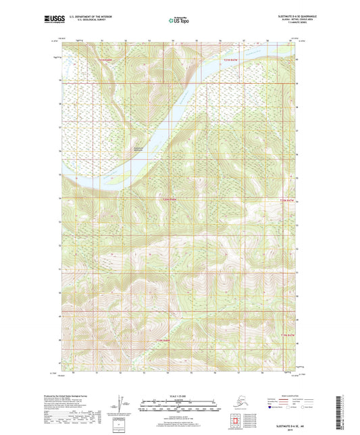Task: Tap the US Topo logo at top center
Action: [x=180, y=20]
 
